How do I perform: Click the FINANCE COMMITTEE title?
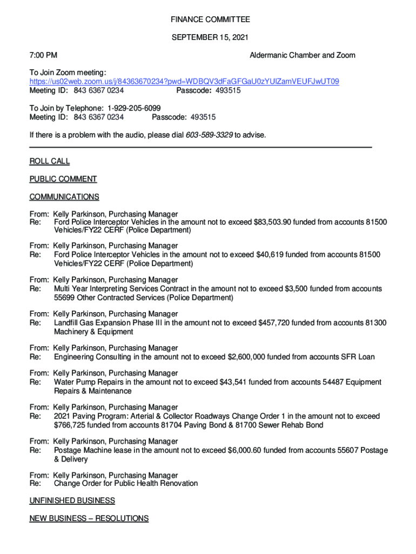[x=210, y=19]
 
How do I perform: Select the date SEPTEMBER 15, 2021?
[x=210, y=37]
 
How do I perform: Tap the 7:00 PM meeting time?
[x=44, y=55]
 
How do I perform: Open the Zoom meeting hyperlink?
[x=184, y=82]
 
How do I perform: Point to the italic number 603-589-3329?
[x=210, y=135]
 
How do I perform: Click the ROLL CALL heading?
[x=50, y=161]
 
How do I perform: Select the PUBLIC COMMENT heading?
[x=63, y=179]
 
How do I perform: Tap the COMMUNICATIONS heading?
[x=64, y=197]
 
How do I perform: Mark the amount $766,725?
[x=73, y=425]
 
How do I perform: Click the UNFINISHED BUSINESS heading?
[x=72, y=501]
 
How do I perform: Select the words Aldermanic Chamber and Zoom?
[x=303, y=55]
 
